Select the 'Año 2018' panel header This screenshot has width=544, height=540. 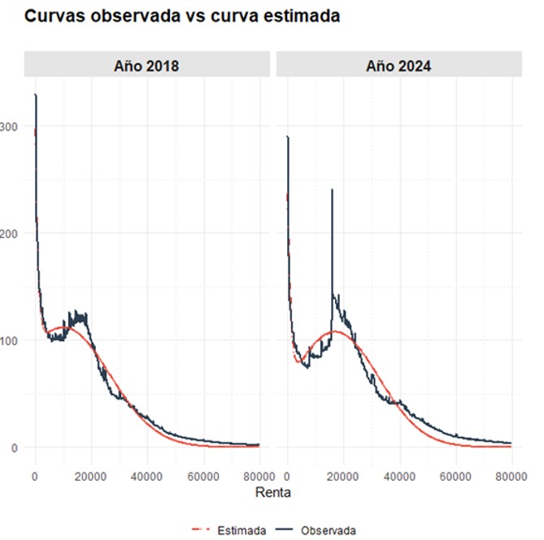click(x=146, y=66)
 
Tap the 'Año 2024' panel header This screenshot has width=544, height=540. click(x=398, y=66)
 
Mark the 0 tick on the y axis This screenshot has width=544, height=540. click(x=15, y=447)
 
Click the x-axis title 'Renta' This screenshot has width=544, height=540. click(x=272, y=492)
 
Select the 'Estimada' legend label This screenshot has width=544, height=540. click(x=242, y=530)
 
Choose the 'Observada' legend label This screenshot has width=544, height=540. click(x=329, y=530)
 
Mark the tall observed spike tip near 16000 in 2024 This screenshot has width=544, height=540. click(x=332, y=189)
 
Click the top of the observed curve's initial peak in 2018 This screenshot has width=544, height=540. click(x=35, y=95)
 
